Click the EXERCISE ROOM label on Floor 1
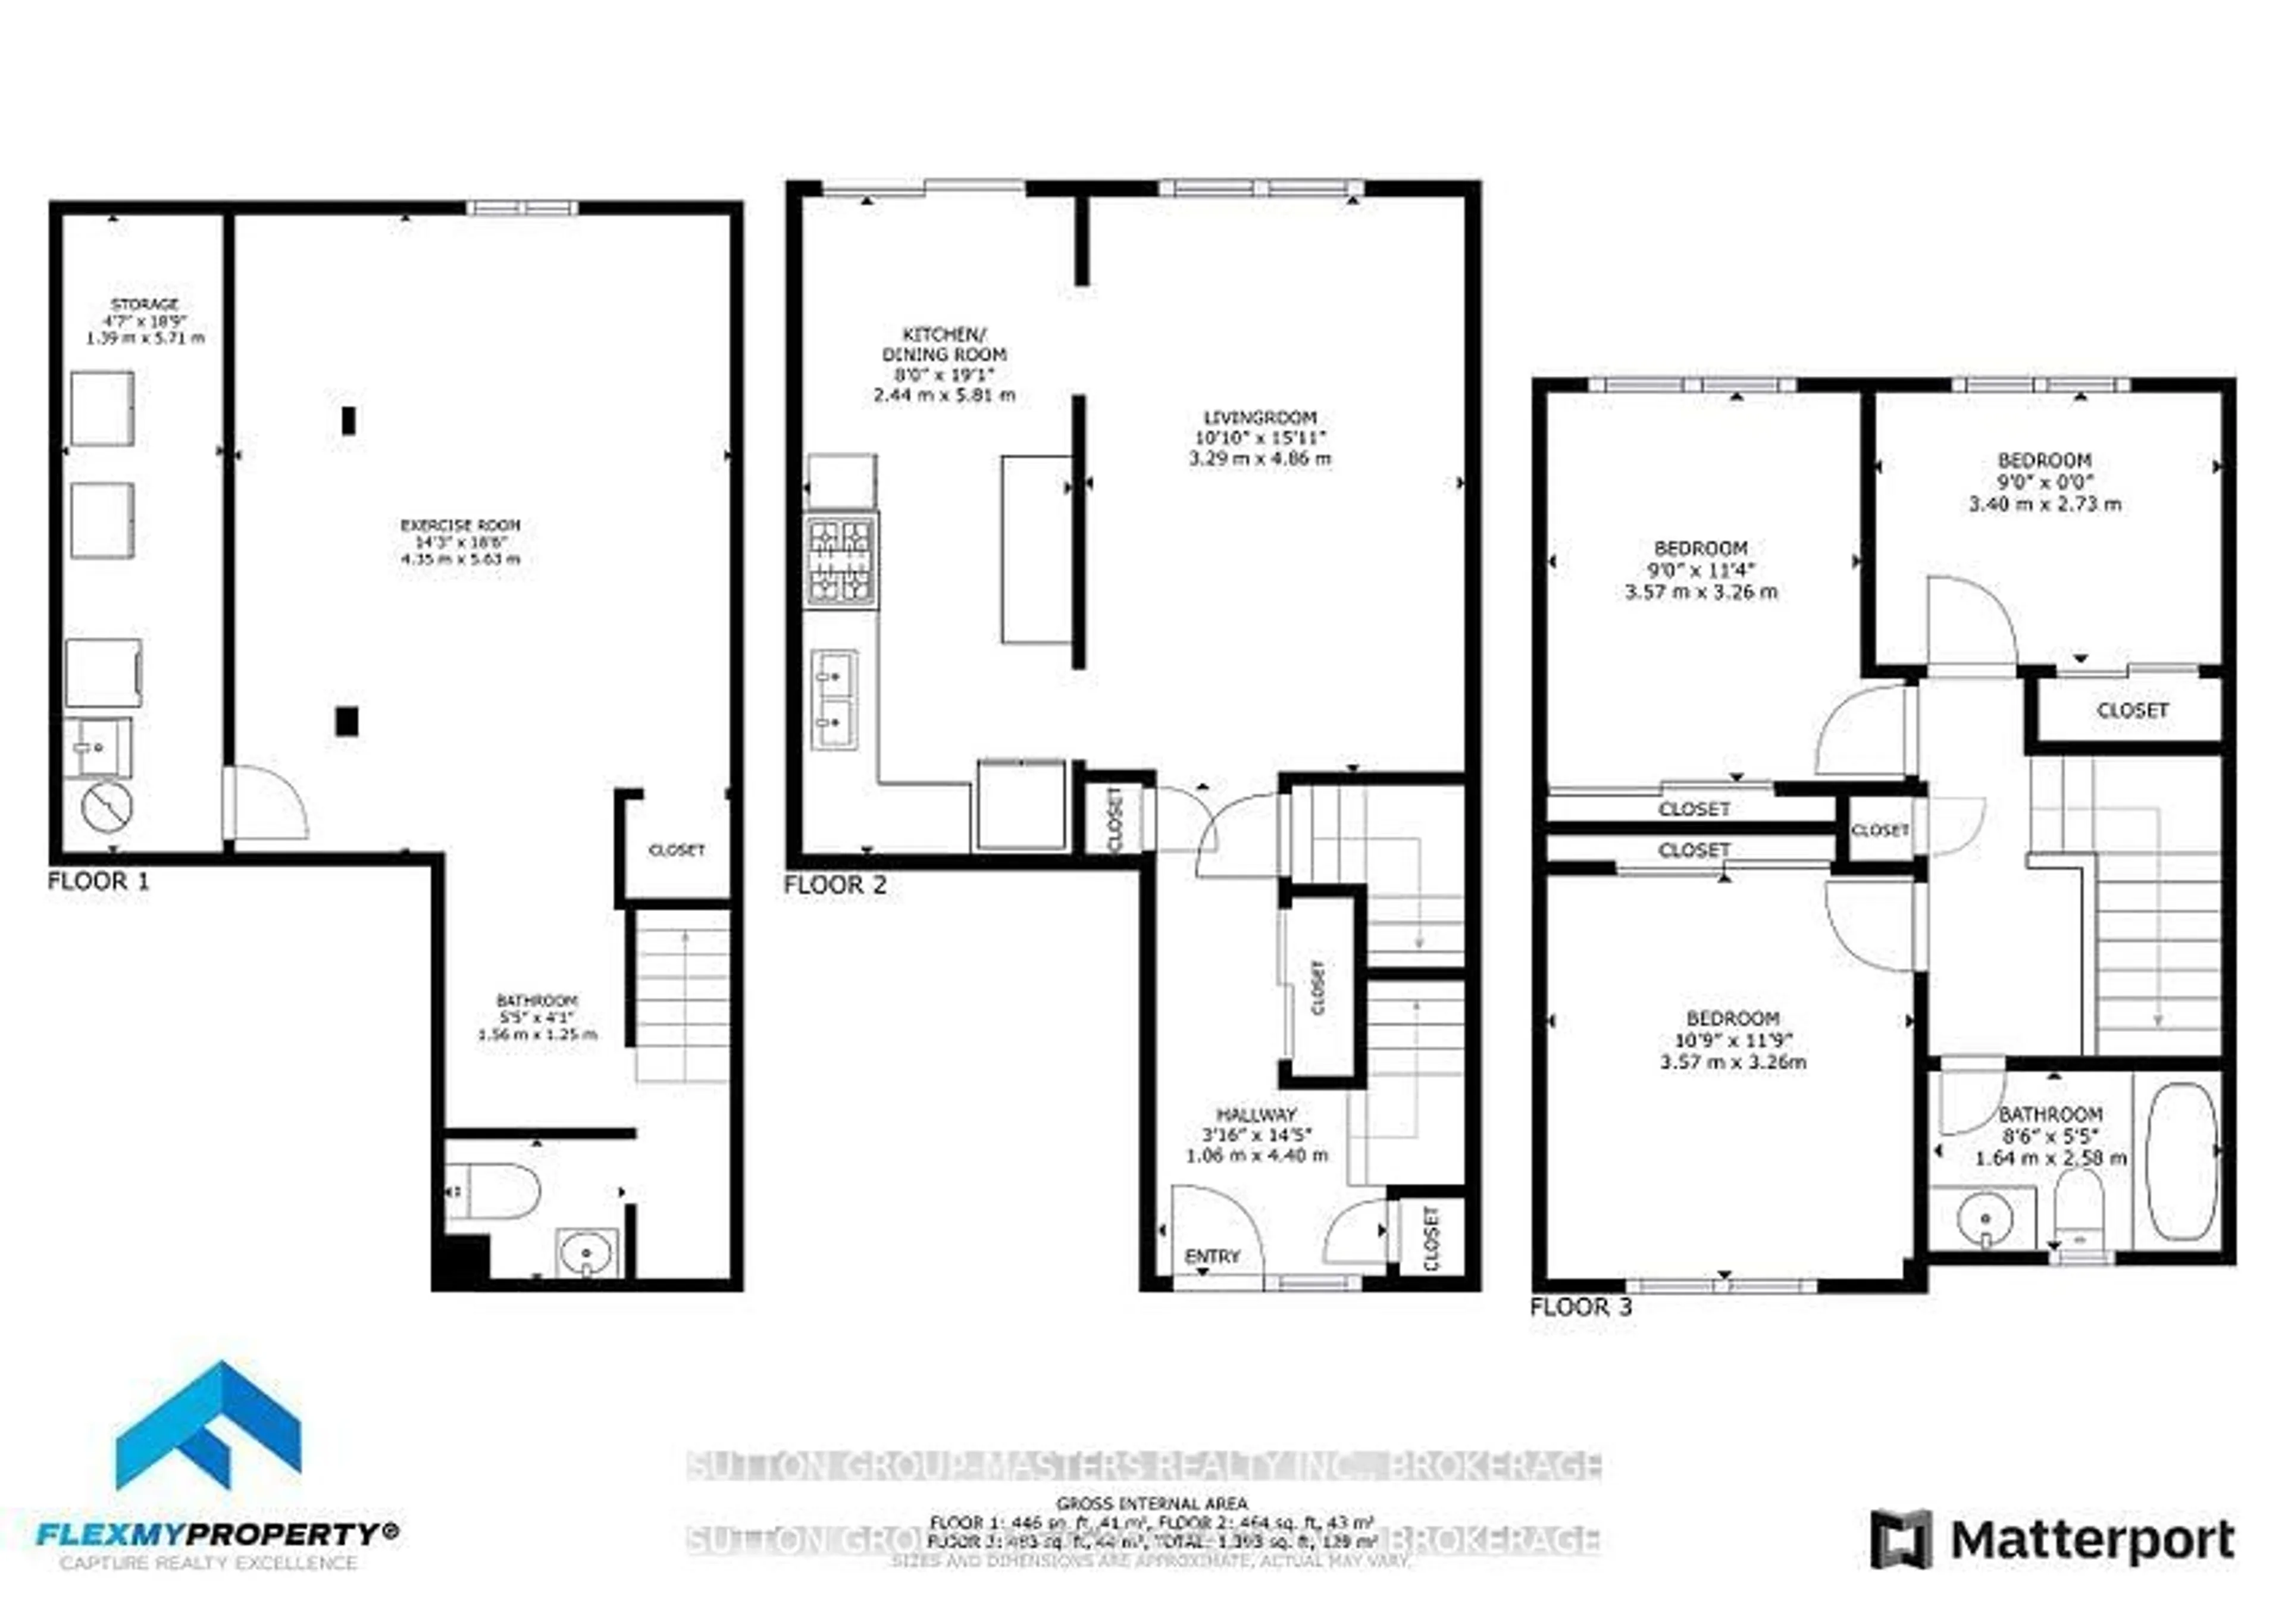click(x=460, y=524)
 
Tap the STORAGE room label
click(x=145, y=303)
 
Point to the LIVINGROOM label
click(x=1259, y=418)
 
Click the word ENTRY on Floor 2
click(x=1212, y=1257)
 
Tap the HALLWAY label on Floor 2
click(x=1256, y=1115)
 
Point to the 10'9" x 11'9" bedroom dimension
click(x=1732, y=1040)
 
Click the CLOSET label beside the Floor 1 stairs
click(x=677, y=850)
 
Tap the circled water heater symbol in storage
click(x=107, y=806)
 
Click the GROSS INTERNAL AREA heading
click(x=1151, y=1504)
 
